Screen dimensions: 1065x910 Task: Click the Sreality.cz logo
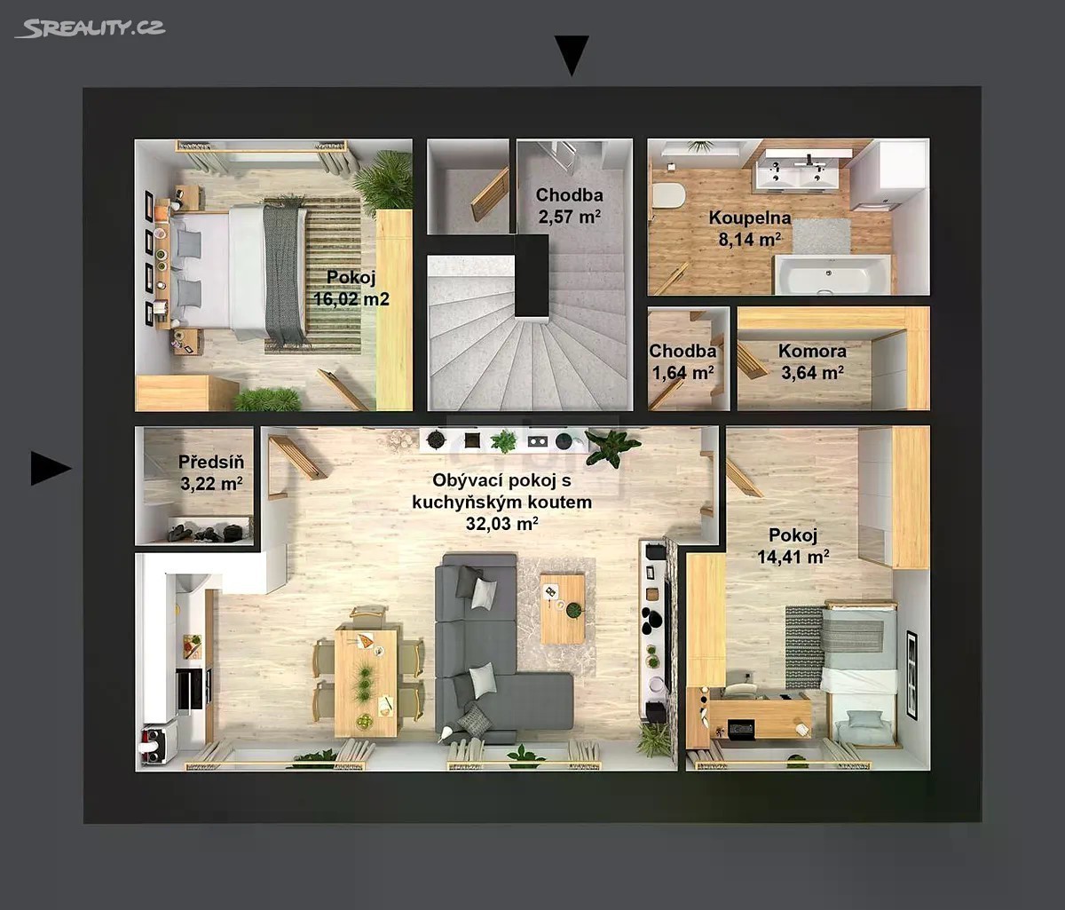[91, 28]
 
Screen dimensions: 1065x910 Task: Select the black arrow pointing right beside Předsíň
[51, 468]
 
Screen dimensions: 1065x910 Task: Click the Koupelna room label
[750, 218]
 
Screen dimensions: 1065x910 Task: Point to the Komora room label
[813, 351]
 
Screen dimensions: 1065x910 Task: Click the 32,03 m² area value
[501, 524]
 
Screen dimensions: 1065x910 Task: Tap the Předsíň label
[211, 462]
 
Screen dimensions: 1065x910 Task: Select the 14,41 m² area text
[793, 557]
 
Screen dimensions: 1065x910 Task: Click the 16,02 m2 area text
[351, 299]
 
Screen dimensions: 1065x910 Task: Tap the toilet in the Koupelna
[668, 196]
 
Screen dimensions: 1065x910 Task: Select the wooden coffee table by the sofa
[563, 608]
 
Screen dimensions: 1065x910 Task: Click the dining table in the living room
[366, 682]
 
